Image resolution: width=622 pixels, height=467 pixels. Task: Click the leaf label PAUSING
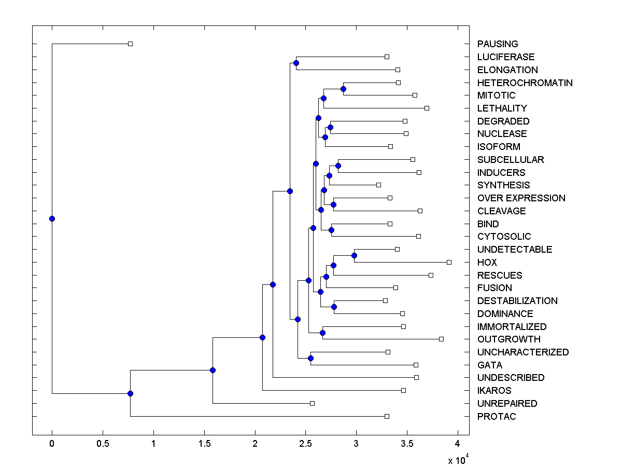(498, 44)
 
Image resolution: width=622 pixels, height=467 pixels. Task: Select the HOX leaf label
(487, 263)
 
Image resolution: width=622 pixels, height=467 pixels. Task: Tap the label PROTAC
(497, 417)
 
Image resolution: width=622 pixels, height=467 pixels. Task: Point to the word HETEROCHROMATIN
(525, 83)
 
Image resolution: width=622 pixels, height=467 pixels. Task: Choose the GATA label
(490, 365)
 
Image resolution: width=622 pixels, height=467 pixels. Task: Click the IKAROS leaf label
(494, 391)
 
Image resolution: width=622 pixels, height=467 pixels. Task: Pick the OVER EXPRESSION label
(521, 198)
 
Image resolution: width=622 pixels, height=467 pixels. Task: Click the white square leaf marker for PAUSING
(131, 44)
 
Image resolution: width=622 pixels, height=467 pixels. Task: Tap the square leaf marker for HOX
(449, 262)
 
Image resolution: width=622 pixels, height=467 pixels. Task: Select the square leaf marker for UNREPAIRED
(312, 403)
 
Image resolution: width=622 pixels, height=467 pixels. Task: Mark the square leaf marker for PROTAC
(387, 416)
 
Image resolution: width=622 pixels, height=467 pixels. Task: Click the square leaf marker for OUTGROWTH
(441, 339)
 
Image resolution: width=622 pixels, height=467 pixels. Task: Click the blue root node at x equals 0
(52, 218)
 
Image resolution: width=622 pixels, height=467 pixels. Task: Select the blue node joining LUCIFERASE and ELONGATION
(296, 63)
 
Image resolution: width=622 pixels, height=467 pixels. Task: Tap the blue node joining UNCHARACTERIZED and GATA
(310, 358)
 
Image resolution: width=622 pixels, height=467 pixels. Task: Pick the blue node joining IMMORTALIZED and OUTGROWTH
(322, 333)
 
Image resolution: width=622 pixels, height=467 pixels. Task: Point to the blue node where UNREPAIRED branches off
(213, 370)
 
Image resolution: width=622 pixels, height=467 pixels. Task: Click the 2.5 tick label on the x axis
(305, 444)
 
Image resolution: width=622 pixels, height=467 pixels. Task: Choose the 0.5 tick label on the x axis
(103, 444)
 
